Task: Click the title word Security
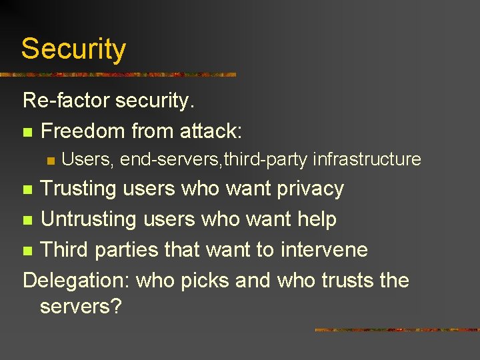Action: [x=73, y=49]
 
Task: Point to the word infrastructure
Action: [x=367, y=159]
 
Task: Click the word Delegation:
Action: [x=76, y=280]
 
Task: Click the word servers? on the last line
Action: [x=80, y=307]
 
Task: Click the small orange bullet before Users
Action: [x=50, y=161]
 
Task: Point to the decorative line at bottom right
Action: [x=397, y=329]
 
